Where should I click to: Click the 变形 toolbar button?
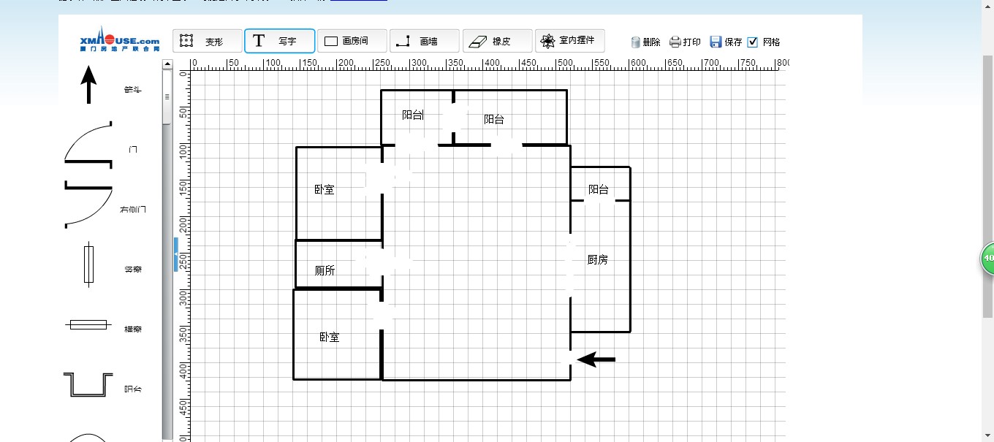click(207, 42)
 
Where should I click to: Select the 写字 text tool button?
click(279, 42)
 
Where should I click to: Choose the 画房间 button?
click(352, 42)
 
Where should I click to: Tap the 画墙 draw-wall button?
click(424, 42)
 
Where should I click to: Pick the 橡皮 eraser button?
click(497, 42)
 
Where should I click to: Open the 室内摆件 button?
click(569, 41)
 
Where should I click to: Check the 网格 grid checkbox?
click(753, 42)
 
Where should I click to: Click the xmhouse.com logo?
click(120, 39)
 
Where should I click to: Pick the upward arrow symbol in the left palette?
click(88, 84)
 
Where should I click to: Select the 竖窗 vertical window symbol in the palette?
click(88, 264)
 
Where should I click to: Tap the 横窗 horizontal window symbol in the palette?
click(88, 324)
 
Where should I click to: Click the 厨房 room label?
click(597, 259)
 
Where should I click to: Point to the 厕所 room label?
click(325, 270)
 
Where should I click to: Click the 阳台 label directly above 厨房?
click(598, 189)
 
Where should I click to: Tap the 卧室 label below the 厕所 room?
click(329, 337)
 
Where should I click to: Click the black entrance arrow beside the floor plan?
click(596, 359)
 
